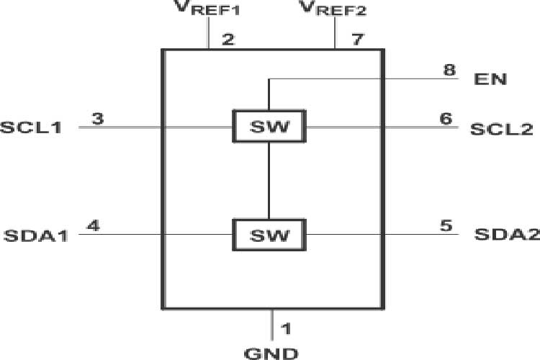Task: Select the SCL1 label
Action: [x=31, y=128]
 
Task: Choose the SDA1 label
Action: [x=35, y=235]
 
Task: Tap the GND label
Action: [x=271, y=353]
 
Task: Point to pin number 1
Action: [x=286, y=329]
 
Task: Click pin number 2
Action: [x=228, y=40]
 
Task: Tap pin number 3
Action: [x=98, y=118]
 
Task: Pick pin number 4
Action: [x=92, y=225]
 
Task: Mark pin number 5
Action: [x=446, y=225]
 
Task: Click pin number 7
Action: [x=357, y=40]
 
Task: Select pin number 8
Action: [x=449, y=71]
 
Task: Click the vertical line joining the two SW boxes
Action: [x=269, y=181]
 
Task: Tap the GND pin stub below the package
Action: [x=272, y=324]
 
